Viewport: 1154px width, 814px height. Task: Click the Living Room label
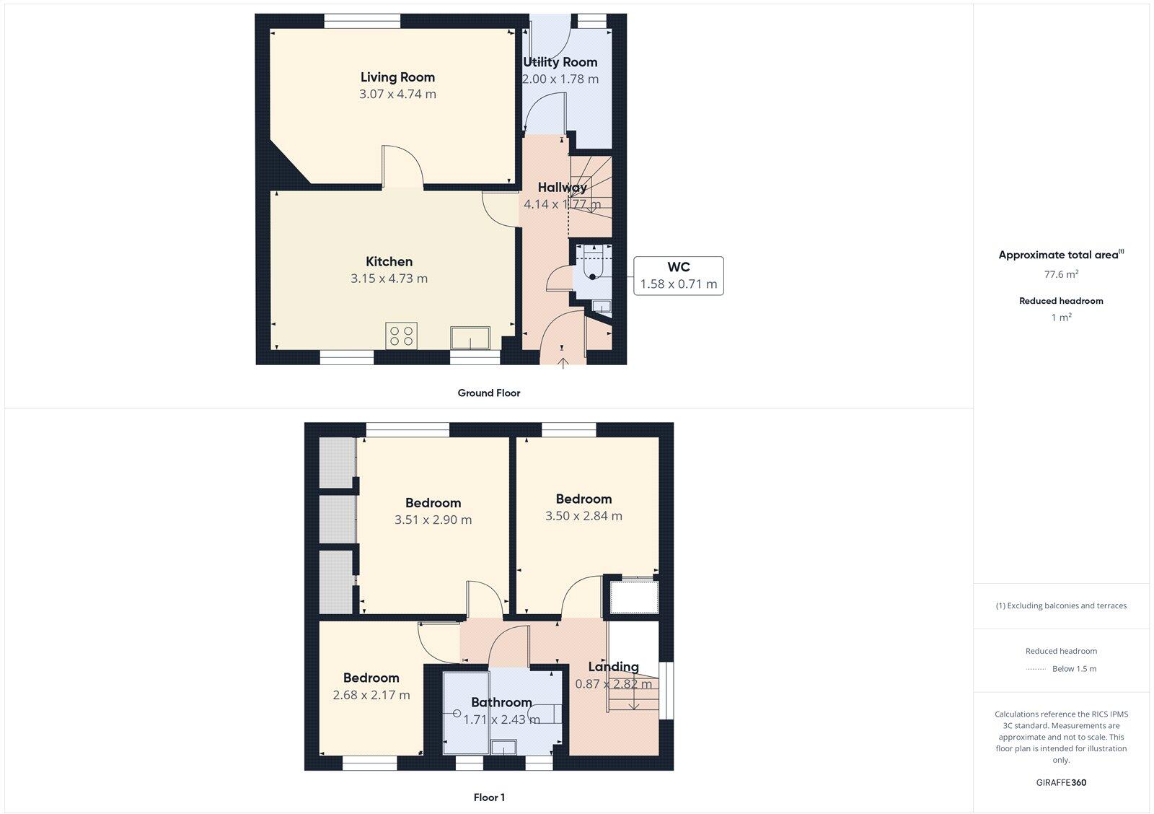point(397,77)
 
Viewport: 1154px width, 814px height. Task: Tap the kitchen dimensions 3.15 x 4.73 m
point(389,279)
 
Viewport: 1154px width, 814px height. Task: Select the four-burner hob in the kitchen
point(401,336)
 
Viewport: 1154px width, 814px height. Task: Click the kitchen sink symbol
point(470,337)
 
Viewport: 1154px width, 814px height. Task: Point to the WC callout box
point(678,276)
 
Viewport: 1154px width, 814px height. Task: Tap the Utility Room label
point(560,62)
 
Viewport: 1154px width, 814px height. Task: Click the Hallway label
point(563,188)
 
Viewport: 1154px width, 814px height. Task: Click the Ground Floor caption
point(488,393)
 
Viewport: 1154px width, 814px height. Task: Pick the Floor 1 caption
point(489,797)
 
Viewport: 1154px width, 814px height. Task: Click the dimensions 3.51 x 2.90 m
point(433,520)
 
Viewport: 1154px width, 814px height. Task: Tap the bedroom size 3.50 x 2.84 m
point(583,516)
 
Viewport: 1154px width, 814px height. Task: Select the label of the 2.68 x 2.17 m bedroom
point(371,678)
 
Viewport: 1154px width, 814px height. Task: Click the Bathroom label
point(501,702)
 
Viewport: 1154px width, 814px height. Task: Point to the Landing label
point(613,667)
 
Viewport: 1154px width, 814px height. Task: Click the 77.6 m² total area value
point(1061,274)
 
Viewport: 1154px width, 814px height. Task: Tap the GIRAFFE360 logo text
point(1061,782)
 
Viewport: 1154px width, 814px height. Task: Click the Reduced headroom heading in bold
point(1061,301)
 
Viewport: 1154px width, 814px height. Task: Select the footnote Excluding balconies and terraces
point(1061,605)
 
